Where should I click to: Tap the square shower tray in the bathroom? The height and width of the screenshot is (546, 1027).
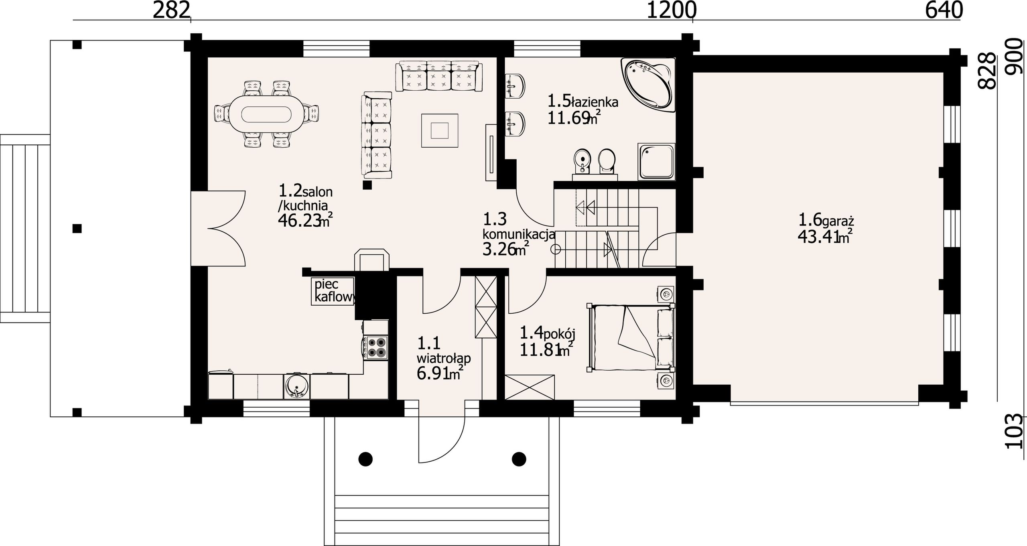[656, 162]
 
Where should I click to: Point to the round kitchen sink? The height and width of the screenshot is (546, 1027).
[296, 386]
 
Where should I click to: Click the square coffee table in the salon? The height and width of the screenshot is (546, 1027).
[440, 130]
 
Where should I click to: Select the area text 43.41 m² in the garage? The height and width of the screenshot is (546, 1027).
[825, 237]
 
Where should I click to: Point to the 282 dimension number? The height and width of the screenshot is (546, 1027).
[171, 11]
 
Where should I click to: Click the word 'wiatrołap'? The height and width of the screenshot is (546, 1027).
[444, 358]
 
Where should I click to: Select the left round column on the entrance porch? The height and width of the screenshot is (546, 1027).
[365, 459]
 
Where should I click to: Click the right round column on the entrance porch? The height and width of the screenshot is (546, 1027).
[519, 459]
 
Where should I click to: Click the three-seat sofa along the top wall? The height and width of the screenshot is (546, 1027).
[439, 76]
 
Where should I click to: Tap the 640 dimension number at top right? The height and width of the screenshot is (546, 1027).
[944, 11]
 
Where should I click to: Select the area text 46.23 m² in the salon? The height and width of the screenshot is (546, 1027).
[305, 221]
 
